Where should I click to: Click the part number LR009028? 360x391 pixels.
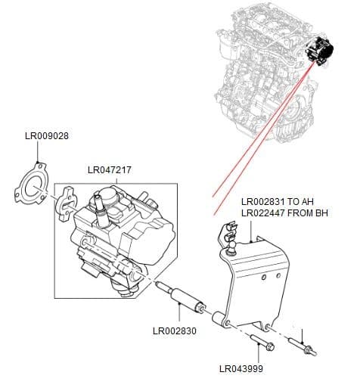[x=47, y=137]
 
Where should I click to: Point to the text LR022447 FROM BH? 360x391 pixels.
[x=286, y=213]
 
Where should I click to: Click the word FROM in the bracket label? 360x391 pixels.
[x=301, y=213]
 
